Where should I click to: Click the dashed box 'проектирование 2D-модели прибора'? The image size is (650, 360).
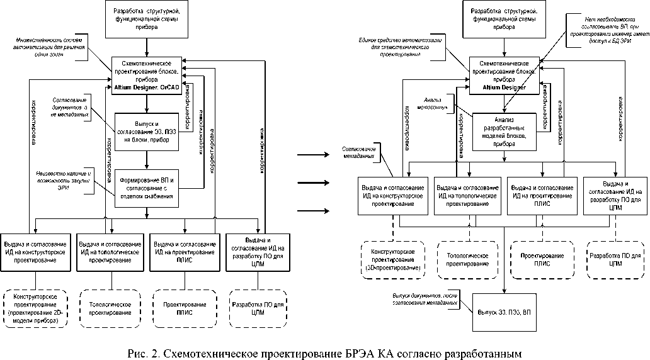pyautogui.click(x=35, y=308)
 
